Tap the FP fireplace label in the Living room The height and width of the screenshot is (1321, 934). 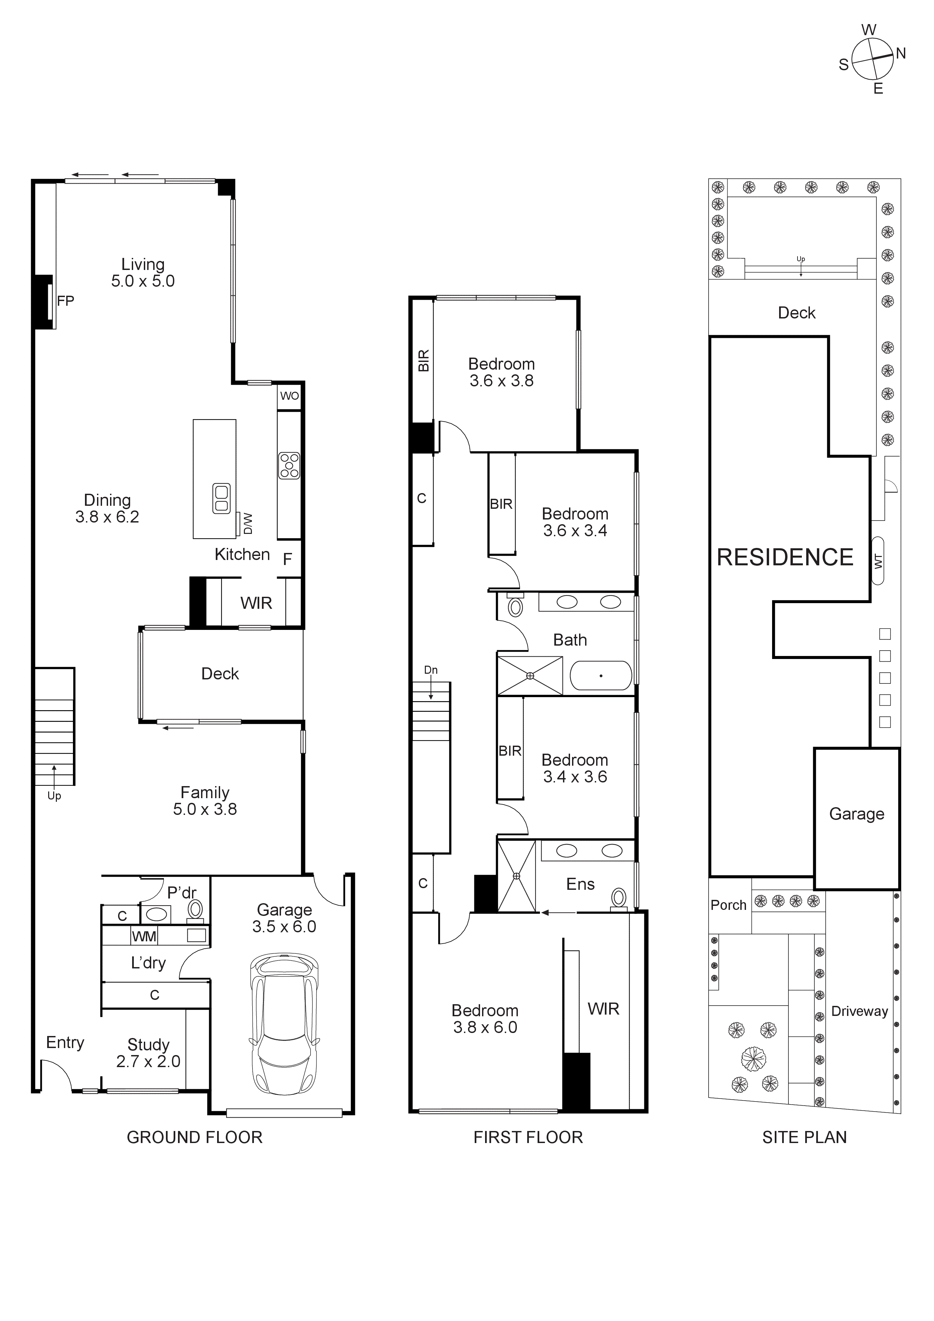[x=66, y=301]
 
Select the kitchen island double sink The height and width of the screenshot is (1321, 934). [x=221, y=498]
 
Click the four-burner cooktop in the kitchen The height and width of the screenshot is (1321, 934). [x=289, y=465]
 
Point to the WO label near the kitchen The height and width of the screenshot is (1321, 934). [x=289, y=396]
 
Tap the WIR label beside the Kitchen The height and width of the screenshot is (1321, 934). [x=256, y=603]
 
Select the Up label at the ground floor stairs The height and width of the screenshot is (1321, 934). [x=54, y=796]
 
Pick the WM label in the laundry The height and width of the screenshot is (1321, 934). [x=144, y=937]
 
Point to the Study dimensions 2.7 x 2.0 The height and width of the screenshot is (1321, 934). [x=149, y=1061]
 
